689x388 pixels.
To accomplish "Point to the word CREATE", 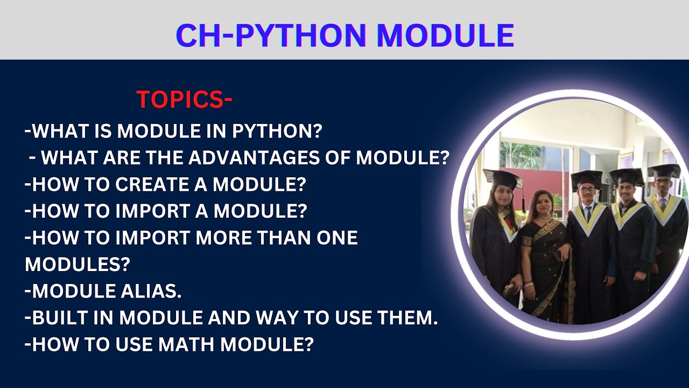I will coord(157,184).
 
